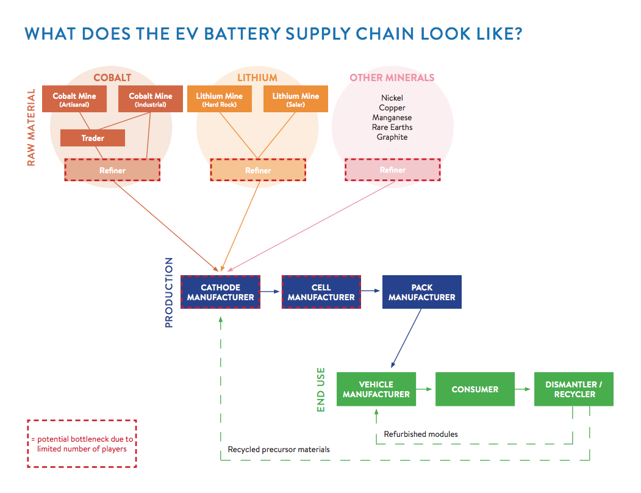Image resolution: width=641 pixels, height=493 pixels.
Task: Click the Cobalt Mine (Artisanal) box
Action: point(74,99)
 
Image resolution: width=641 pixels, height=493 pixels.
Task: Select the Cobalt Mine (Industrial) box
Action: point(151,99)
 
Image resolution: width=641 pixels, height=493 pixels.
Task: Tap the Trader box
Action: point(92,138)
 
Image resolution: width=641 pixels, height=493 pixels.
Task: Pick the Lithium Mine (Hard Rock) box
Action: point(220,99)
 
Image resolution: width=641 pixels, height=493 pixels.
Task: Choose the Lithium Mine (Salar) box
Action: point(296,99)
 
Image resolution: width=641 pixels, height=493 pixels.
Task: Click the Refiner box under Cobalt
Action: point(112,170)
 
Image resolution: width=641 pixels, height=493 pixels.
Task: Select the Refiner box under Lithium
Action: point(258,170)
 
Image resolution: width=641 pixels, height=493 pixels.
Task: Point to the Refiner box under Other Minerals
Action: point(392,170)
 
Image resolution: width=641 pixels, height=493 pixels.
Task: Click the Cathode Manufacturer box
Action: point(220,292)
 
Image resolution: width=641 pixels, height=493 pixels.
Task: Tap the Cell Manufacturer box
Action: point(321,292)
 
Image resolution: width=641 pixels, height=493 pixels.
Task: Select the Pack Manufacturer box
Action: point(422,292)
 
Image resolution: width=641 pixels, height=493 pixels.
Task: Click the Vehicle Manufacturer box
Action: point(376,389)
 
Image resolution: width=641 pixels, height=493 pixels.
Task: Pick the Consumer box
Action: point(475,389)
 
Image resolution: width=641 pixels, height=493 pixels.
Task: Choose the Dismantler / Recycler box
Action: point(574,389)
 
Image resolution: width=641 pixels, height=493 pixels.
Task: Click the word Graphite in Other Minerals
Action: point(392,137)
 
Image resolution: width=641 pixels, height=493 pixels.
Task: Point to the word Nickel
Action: point(392,98)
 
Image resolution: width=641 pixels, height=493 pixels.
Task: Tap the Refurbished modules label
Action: point(421,434)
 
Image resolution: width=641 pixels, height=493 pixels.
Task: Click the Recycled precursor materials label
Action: point(279,449)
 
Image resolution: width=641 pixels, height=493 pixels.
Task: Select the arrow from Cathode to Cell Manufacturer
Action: point(270,291)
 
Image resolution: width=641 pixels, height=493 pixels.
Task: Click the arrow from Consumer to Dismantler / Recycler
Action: point(523,389)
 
